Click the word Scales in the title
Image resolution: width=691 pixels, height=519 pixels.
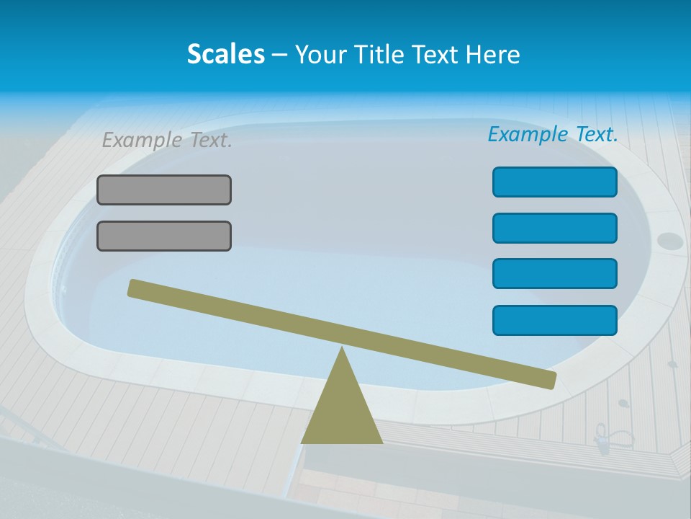pyautogui.click(x=225, y=54)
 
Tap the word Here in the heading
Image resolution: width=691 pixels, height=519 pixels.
pyautogui.click(x=492, y=54)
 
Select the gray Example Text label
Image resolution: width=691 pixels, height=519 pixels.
pyautogui.click(x=167, y=140)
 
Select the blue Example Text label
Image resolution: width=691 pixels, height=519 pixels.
pyautogui.click(x=553, y=134)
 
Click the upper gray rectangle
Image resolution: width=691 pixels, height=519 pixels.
pyautogui.click(x=164, y=190)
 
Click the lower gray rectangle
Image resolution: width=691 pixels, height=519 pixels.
pyautogui.click(x=164, y=236)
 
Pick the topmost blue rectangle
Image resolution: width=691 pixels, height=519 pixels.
pyautogui.click(x=554, y=182)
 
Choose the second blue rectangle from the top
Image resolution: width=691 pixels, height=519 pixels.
pyautogui.click(x=554, y=229)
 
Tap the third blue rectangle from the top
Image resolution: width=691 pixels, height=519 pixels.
pyautogui.click(x=554, y=274)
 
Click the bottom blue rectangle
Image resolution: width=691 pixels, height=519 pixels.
pyautogui.click(x=554, y=321)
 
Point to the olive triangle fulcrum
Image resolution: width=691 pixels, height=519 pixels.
pyautogui.click(x=342, y=411)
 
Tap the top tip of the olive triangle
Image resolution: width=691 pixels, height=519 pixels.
pyautogui.click(x=342, y=350)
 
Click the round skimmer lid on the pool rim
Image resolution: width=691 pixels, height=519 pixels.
pyautogui.click(x=670, y=240)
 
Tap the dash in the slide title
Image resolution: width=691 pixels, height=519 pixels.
pyautogui.click(x=279, y=55)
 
